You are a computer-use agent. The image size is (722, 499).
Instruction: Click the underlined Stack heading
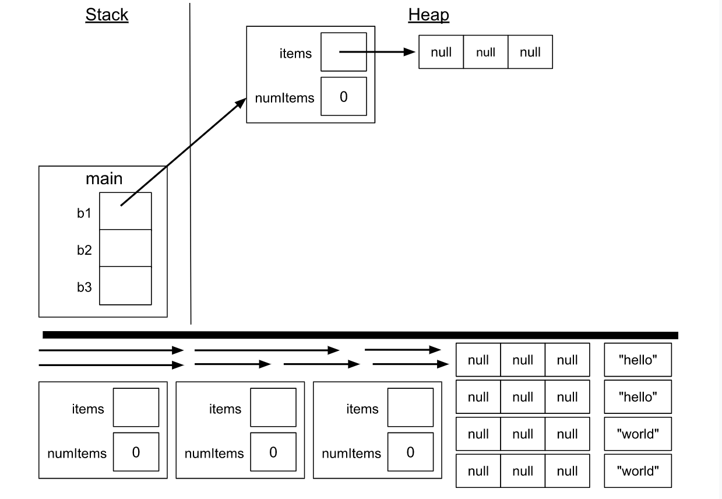click(107, 15)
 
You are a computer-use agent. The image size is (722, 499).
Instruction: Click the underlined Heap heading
click(428, 15)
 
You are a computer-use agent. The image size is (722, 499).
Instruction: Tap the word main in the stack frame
click(104, 178)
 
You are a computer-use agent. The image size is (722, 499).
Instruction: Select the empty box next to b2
click(125, 248)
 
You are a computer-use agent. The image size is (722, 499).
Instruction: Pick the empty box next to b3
click(125, 286)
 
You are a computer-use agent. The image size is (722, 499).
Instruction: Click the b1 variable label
click(84, 213)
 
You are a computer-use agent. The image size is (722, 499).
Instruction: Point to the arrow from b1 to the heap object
click(184, 153)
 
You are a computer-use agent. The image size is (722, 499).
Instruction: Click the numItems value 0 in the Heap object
click(343, 97)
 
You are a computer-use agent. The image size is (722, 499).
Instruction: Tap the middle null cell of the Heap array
click(485, 52)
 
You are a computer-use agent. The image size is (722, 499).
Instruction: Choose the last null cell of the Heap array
click(530, 52)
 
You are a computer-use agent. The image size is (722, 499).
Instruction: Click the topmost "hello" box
click(638, 360)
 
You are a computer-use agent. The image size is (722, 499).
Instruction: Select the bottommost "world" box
click(638, 470)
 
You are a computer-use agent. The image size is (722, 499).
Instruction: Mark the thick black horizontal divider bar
click(360, 335)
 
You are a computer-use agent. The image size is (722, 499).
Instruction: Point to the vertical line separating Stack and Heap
click(190, 163)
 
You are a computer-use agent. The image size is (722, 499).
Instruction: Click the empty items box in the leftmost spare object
click(135, 407)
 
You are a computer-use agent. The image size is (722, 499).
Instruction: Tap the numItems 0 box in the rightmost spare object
click(410, 452)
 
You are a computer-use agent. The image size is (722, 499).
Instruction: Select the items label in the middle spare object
click(225, 409)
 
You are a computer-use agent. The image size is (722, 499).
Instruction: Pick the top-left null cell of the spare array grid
click(478, 360)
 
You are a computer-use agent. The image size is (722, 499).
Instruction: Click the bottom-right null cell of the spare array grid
click(567, 470)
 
